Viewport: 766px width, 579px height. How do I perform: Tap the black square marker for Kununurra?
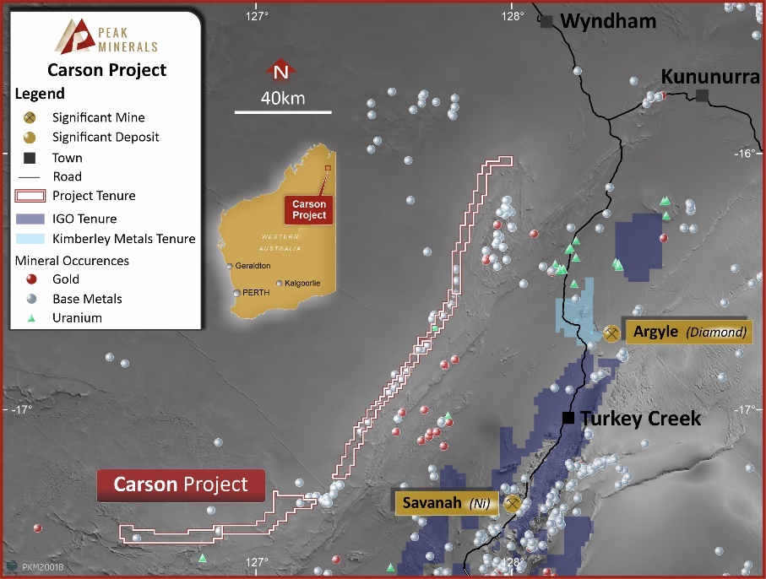tap(703, 96)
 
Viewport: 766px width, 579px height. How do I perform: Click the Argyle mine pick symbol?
tap(611, 333)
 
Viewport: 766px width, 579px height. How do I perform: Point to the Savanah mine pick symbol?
tap(511, 504)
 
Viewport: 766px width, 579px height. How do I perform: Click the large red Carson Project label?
tap(181, 484)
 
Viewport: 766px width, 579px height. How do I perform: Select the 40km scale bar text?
tap(282, 98)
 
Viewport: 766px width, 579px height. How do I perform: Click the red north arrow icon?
tap(280, 71)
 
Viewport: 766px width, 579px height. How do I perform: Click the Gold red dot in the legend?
tap(31, 279)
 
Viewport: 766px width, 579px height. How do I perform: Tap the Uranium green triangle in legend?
tap(31, 318)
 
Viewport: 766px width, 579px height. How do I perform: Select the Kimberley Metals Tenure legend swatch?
tap(30, 239)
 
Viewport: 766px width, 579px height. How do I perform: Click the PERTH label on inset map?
tap(257, 293)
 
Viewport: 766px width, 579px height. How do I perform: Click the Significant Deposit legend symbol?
tap(30, 137)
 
